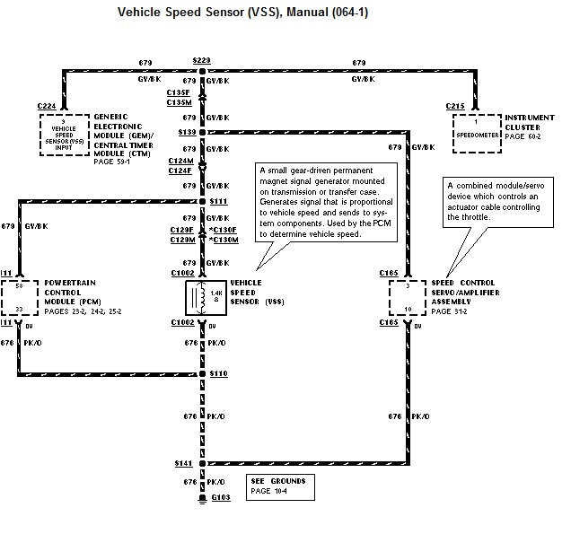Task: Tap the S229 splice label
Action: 201,60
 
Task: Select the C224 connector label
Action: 48,107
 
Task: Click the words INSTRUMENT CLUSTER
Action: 530,122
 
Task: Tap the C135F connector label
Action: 178,92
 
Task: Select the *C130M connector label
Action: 224,241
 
